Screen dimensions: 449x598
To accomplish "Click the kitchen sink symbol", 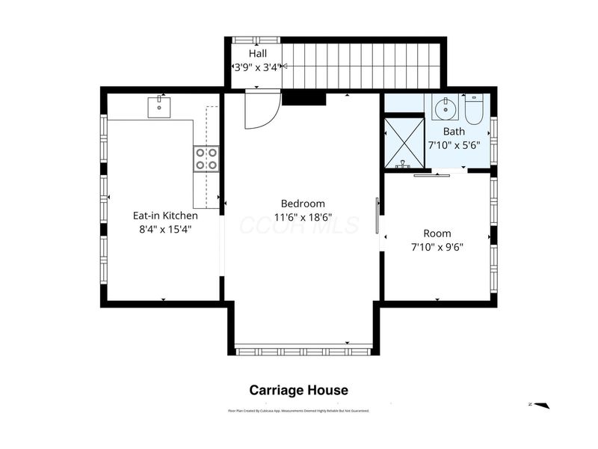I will pos(160,107).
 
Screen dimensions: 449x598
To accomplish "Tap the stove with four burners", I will pos(206,159).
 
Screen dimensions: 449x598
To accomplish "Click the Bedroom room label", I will pos(303,204).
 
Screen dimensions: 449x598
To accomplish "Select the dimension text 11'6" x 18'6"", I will pos(303,218).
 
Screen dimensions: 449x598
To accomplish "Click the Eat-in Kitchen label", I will pos(165,216).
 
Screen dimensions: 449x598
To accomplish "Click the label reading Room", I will pos(437,233).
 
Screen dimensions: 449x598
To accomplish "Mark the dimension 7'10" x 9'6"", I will pos(437,247).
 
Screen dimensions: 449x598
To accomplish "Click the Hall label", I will pos(258,54).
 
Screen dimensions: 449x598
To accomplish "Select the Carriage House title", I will pos(298,390).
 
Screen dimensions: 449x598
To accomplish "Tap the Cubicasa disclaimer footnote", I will pos(298,411).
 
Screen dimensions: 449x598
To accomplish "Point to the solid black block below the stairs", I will pos(303,97).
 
